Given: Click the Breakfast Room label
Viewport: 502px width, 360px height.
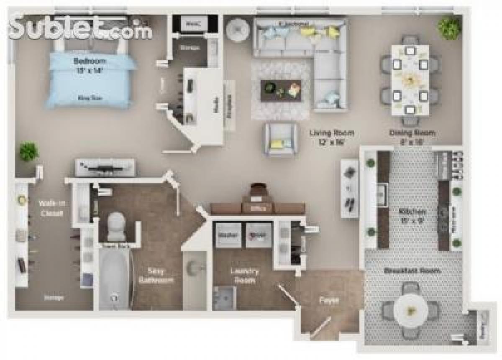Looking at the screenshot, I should [x=412, y=271].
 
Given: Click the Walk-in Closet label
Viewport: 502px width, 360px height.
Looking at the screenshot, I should [x=51, y=208].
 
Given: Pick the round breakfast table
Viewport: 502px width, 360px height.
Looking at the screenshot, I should [x=410, y=310].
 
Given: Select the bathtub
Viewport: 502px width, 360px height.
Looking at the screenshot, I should [x=114, y=278].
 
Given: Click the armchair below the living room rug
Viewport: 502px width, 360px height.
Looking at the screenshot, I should [x=280, y=139].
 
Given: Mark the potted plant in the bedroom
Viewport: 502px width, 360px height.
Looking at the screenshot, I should [x=29, y=151].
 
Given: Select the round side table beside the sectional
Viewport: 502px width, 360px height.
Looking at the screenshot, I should [x=238, y=30].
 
